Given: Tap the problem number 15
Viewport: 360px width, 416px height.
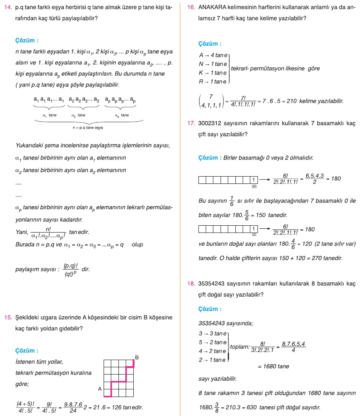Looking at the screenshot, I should point(7,317).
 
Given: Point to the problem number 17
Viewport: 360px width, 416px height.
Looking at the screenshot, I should point(191,124).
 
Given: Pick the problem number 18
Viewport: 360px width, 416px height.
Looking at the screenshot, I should point(191,284).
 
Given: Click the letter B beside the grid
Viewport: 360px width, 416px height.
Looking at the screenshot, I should point(137,357).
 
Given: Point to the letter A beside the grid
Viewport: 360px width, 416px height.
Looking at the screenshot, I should point(99,389).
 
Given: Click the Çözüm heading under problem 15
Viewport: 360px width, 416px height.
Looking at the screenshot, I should point(27,351).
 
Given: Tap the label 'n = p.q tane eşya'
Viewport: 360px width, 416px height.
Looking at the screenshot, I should point(88,128).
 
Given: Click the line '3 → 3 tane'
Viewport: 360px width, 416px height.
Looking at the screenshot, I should point(213,333).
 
